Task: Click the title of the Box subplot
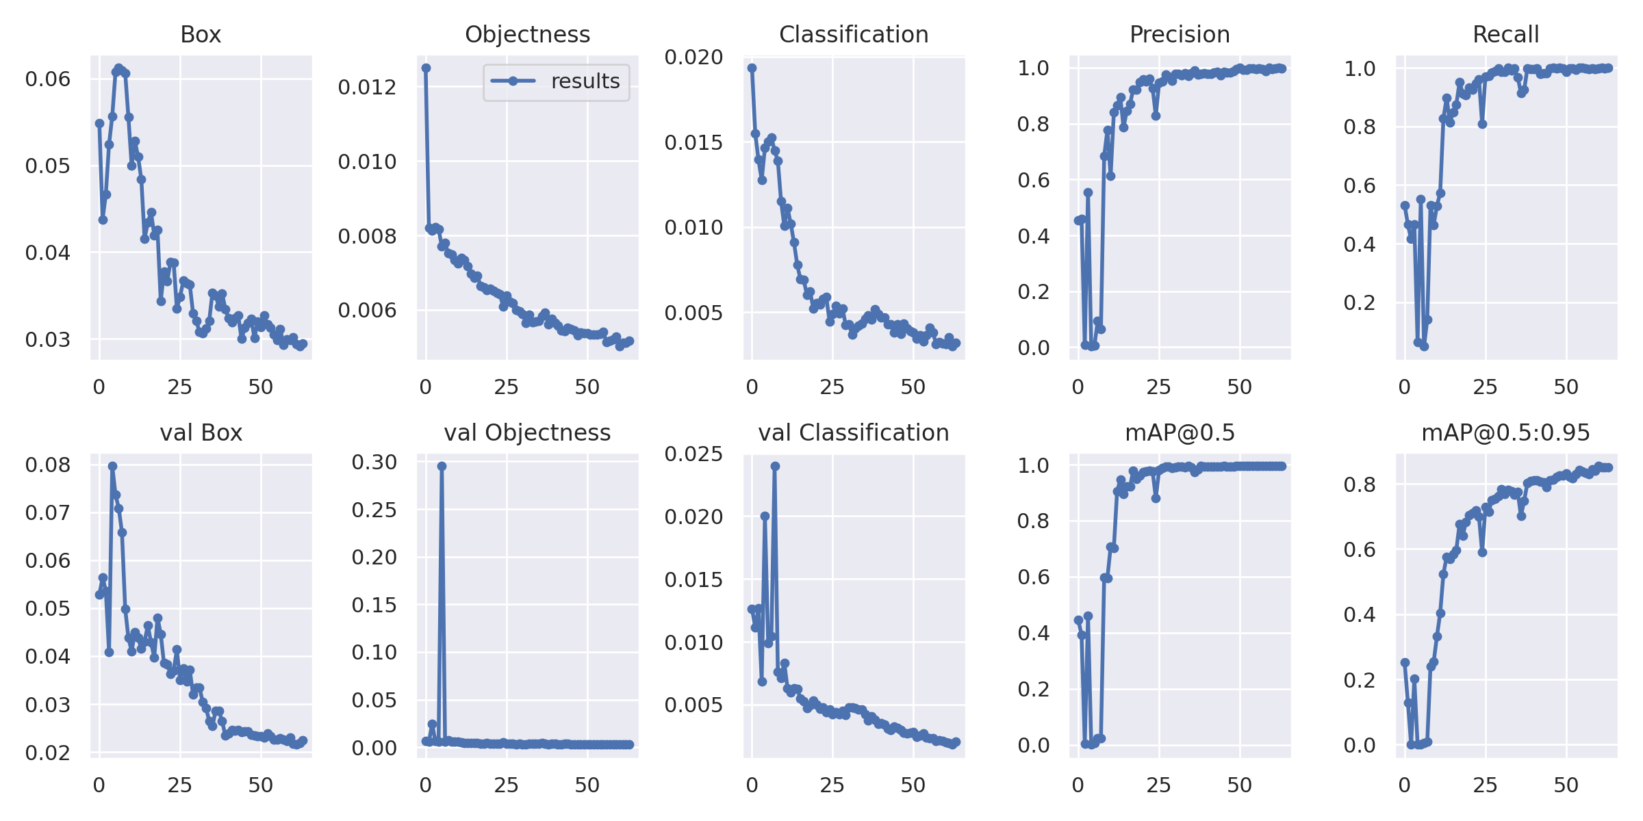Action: [x=201, y=34]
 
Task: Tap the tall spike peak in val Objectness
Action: [x=442, y=466]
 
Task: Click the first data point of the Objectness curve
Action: [x=426, y=68]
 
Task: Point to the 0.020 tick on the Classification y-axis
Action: [x=693, y=57]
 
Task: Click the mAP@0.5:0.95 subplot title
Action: [x=1505, y=432]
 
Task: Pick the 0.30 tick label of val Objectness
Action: [x=374, y=462]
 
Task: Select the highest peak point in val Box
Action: [x=112, y=466]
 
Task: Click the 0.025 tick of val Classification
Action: [x=693, y=454]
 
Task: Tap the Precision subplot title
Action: [x=1180, y=34]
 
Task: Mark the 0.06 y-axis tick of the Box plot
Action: [x=48, y=79]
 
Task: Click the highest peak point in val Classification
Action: [x=775, y=466]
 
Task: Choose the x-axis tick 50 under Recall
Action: [x=1566, y=387]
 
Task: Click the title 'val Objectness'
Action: [x=527, y=432]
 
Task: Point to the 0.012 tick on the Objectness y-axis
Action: [x=367, y=88]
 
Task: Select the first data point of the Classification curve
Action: [x=752, y=68]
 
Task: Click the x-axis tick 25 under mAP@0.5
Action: [x=1158, y=785]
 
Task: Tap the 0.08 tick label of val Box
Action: [x=48, y=465]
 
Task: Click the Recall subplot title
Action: [x=1505, y=34]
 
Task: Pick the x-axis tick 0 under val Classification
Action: [x=752, y=785]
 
